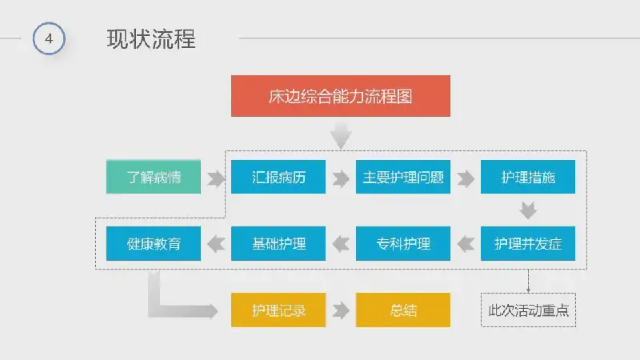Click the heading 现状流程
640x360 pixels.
(151, 39)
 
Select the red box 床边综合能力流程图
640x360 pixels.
(341, 96)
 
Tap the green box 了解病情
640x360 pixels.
(154, 177)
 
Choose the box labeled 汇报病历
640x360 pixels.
(278, 177)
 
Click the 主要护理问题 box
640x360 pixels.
(403, 177)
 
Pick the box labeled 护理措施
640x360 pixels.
(528, 177)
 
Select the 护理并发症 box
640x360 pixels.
(528, 244)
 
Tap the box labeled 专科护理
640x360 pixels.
(403, 244)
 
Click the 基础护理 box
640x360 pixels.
(278, 244)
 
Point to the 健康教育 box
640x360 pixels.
(154, 244)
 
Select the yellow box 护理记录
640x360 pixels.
(278, 310)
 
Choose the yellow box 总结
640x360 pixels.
(403, 310)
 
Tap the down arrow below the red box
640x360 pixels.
(341, 135)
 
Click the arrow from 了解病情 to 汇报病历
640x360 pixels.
(216, 178)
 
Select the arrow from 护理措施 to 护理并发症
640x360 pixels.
(528, 210)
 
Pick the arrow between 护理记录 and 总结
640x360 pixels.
(341, 310)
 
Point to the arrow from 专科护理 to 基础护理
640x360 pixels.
(341, 244)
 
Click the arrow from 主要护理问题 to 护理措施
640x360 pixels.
(466, 178)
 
